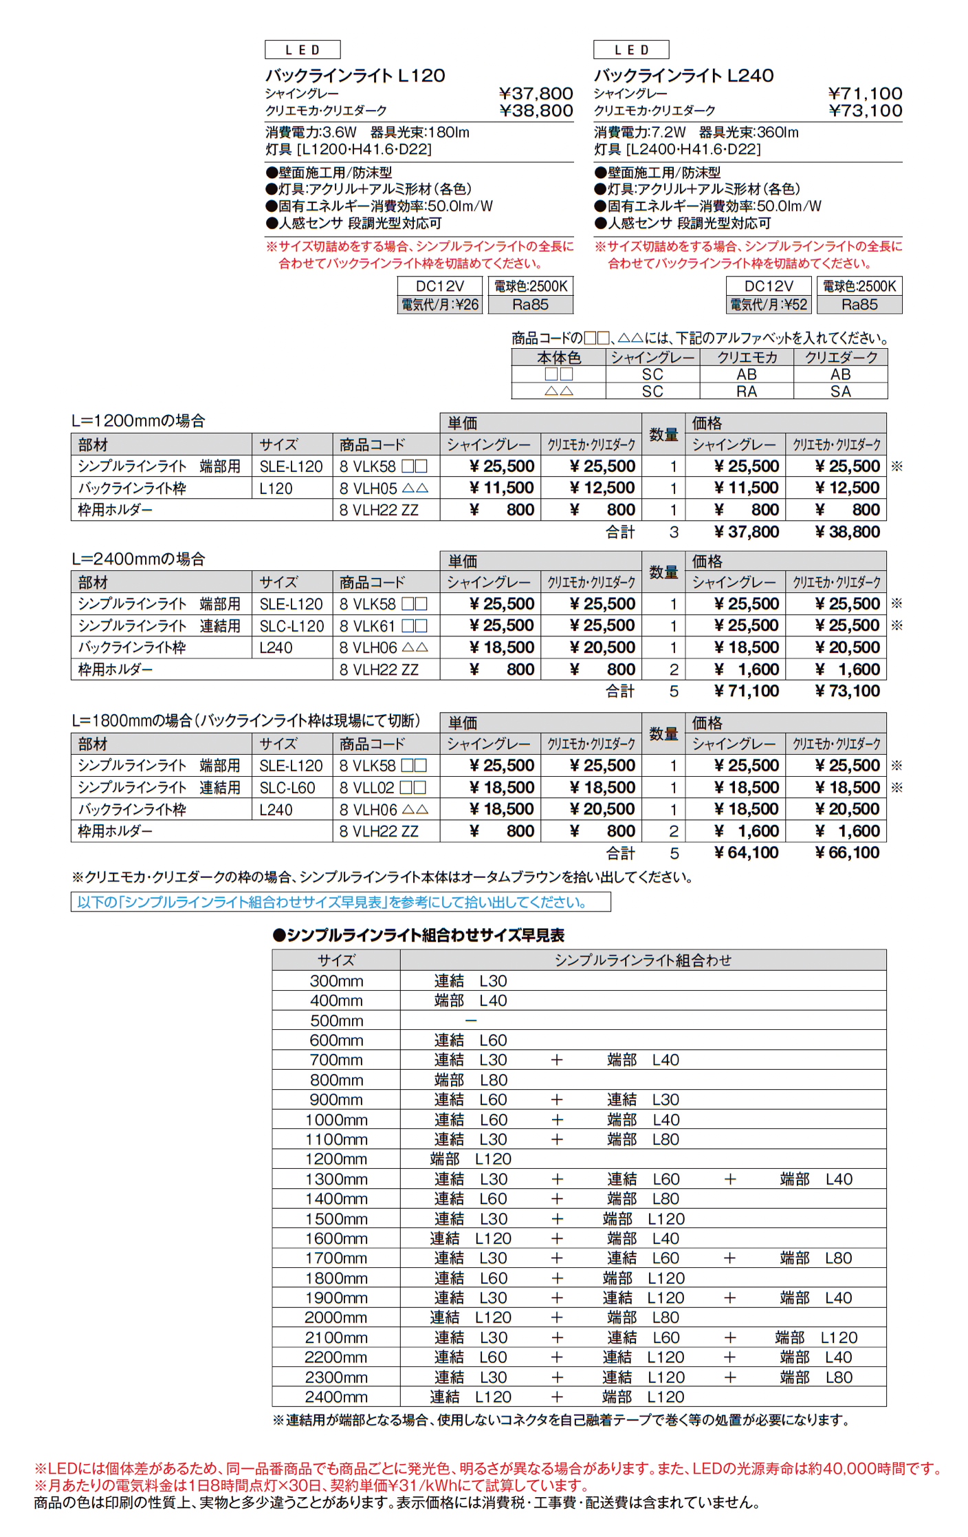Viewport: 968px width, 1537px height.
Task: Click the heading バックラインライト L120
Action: click(x=355, y=76)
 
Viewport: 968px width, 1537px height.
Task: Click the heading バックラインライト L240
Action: click(x=683, y=76)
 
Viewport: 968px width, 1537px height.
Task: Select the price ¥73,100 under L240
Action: click(x=865, y=111)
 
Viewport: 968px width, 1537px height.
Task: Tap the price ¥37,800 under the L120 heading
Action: click(x=536, y=94)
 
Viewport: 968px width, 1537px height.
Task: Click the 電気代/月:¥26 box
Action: click(x=440, y=305)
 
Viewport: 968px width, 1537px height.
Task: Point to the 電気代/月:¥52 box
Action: click(x=769, y=305)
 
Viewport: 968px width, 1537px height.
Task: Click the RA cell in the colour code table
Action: click(x=747, y=391)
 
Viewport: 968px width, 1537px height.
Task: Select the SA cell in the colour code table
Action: click(x=840, y=391)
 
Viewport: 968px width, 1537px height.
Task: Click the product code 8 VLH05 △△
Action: click(x=384, y=488)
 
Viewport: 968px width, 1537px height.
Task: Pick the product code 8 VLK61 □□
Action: click(x=384, y=626)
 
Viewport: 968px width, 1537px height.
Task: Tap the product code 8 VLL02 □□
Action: click(x=384, y=788)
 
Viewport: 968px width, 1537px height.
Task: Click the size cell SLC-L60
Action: click(x=287, y=788)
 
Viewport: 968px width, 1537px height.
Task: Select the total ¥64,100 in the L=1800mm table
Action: click(x=746, y=853)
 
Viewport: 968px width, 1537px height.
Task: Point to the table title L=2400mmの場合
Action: click(x=138, y=559)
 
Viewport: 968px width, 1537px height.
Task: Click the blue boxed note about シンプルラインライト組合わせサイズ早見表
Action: click(x=340, y=902)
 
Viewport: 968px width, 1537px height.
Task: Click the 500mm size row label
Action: click(x=336, y=1020)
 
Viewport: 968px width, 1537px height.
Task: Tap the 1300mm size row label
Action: click(x=336, y=1179)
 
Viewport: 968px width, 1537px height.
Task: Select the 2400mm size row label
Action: click(x=336, y=1397)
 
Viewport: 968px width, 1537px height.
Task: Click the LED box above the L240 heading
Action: click(x=630, y=50)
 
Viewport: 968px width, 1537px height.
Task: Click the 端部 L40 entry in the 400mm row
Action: click(x=470, y=1000)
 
